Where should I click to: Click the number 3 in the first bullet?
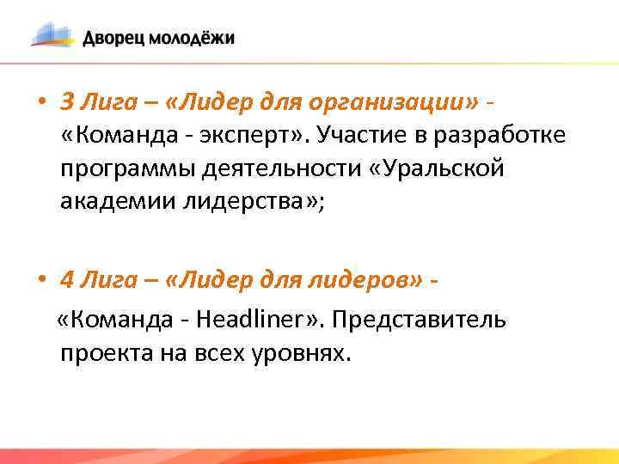point(68,101)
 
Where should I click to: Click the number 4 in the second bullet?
point(68,279)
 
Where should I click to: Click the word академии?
point(116,203)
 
